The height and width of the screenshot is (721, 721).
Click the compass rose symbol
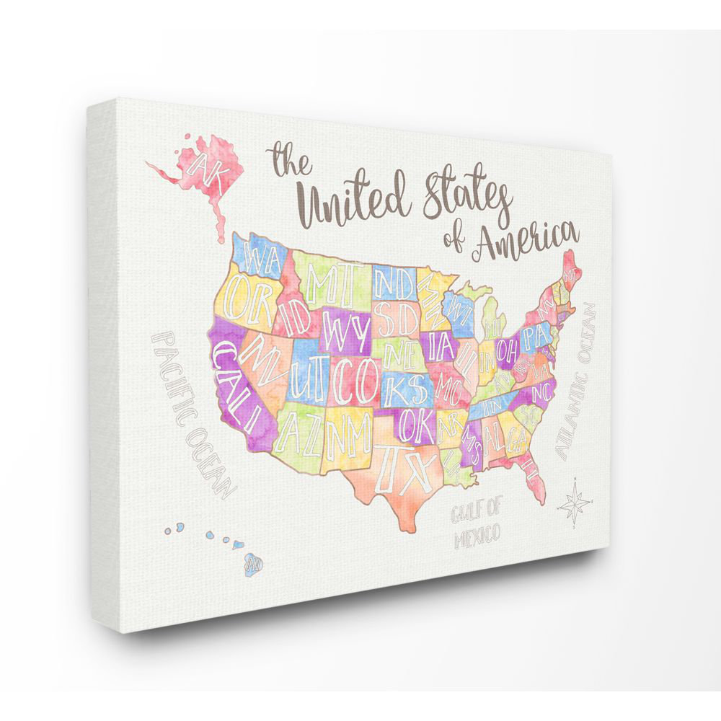point(574,502)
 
